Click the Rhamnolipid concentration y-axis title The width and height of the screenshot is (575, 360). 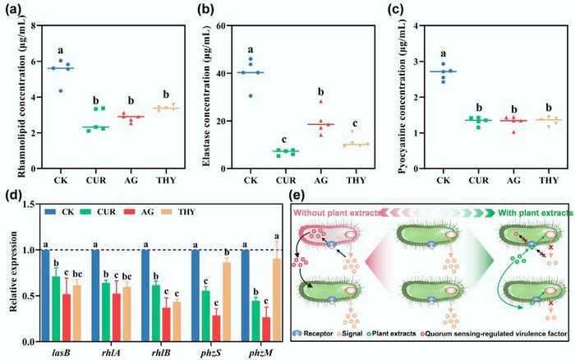[11, 97]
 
